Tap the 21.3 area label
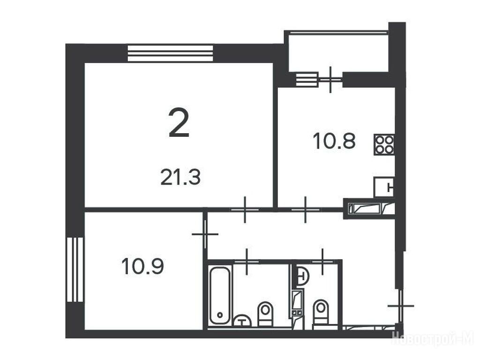(180, 178)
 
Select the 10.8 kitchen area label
(334, 142)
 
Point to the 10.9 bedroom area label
(142, 266)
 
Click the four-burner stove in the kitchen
(384, 145)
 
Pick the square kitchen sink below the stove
(384, 187)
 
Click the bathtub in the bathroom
(220, 295)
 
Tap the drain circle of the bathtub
(220, 315)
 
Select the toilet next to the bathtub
(265, 313)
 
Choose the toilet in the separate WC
(321, 312)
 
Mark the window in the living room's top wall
(170, 53)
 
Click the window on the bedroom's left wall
(75, 270)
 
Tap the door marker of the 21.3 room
(245, 210)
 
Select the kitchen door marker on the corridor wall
(306, 210)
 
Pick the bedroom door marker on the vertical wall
(205, 234)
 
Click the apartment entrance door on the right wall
(401, 306)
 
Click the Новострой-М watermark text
(433, 338)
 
